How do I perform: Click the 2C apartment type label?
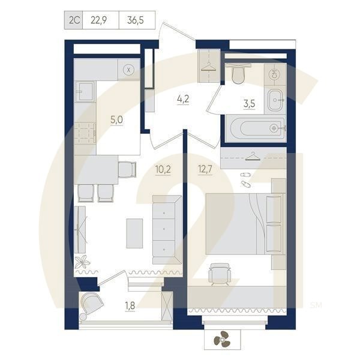[x=75, y=20]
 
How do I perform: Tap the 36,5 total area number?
[x=137, y=20]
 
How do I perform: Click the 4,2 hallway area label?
[x=183, y=100]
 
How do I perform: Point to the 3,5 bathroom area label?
[x=249, y=103]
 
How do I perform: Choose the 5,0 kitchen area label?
[x=116, y=119]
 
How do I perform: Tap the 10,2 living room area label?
[x=162, y=169]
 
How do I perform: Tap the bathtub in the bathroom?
[x=255, y=127]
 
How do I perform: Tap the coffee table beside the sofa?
[x=134, y=233]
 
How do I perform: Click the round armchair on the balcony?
[x=91, y=304]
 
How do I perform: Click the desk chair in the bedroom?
[x=220, y=274]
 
